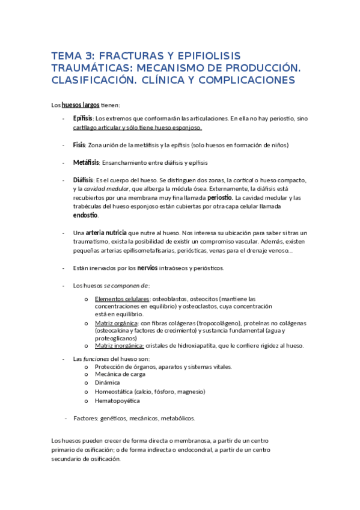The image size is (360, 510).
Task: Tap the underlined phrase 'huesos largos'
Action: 81,105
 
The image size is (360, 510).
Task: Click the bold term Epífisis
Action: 82,118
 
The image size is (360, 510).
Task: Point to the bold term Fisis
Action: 79,145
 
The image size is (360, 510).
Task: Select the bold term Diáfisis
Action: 83,180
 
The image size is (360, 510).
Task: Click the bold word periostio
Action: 220,197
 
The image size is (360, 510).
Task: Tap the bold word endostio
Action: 85,215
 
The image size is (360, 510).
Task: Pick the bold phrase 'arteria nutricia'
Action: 106,232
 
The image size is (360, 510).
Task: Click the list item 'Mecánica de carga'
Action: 120,374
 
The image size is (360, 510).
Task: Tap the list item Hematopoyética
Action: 117,401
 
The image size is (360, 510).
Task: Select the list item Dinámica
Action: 107,382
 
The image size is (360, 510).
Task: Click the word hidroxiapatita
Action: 196,345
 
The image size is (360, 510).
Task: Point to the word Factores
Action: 87,418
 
